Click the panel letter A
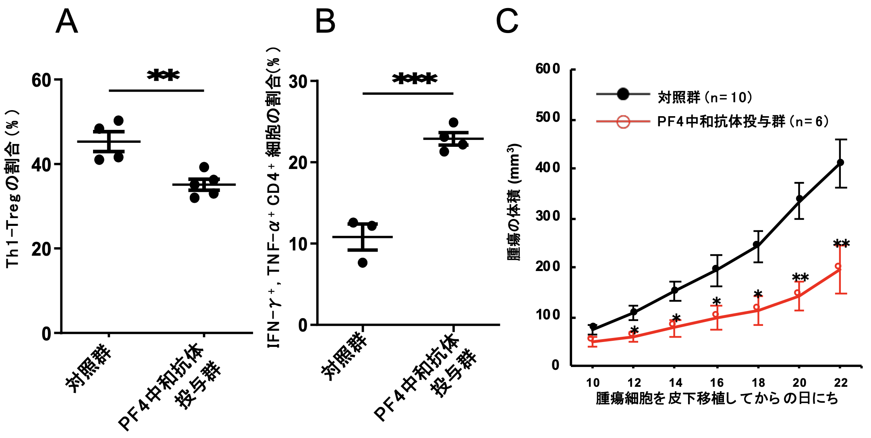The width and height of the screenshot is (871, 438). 66,22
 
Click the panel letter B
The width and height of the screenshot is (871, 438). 325,22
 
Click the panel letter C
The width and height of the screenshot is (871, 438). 507,22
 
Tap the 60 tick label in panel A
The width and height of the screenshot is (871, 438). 41,80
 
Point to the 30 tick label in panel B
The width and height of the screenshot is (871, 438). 299,82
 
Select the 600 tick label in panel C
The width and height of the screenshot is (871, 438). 548,69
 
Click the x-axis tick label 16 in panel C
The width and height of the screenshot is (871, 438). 717,383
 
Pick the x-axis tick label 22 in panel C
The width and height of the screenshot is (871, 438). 841,383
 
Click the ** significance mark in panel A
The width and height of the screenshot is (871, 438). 163,76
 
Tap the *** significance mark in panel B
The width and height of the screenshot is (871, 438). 414,79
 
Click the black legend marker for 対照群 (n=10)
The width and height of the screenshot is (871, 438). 623,94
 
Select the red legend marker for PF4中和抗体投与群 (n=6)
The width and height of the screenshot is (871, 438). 623,121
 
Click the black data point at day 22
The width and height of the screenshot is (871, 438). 840,163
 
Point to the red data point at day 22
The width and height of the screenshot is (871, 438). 838,267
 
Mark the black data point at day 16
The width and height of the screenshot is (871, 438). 716,269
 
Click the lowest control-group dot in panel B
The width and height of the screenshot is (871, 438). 363,263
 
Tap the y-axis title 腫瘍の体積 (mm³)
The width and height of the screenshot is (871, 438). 514,202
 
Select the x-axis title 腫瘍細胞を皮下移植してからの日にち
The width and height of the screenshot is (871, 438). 717,398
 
